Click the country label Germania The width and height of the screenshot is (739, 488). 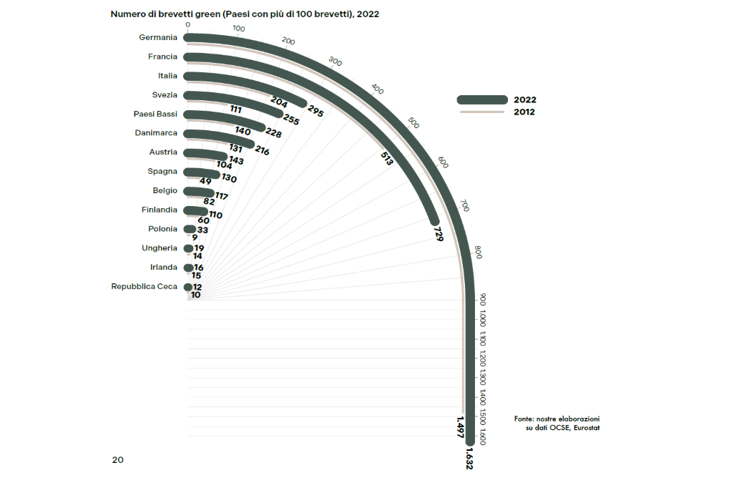(157, 38)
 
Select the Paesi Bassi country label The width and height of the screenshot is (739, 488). (155, 114)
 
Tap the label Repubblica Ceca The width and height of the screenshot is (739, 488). (144, 286)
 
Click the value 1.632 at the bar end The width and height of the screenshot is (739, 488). (470, 459)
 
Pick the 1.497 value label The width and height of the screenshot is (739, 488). (460, 426)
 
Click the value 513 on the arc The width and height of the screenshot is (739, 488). (387, 159)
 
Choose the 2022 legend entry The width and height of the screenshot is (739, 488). (524, 100)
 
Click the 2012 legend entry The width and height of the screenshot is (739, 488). (524, 112)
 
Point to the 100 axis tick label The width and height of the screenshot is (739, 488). (239, 29)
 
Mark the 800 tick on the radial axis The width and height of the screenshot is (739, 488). (478, 253)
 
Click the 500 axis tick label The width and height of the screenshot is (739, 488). (413, 123)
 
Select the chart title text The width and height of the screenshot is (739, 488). (245, 14)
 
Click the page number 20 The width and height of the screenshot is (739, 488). (117, 459)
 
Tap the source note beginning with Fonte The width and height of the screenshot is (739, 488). (557, 422)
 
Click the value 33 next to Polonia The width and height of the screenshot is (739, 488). (202, 230)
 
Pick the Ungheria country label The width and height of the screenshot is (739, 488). (160, 248)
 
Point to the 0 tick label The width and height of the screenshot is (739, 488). (187, 24)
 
